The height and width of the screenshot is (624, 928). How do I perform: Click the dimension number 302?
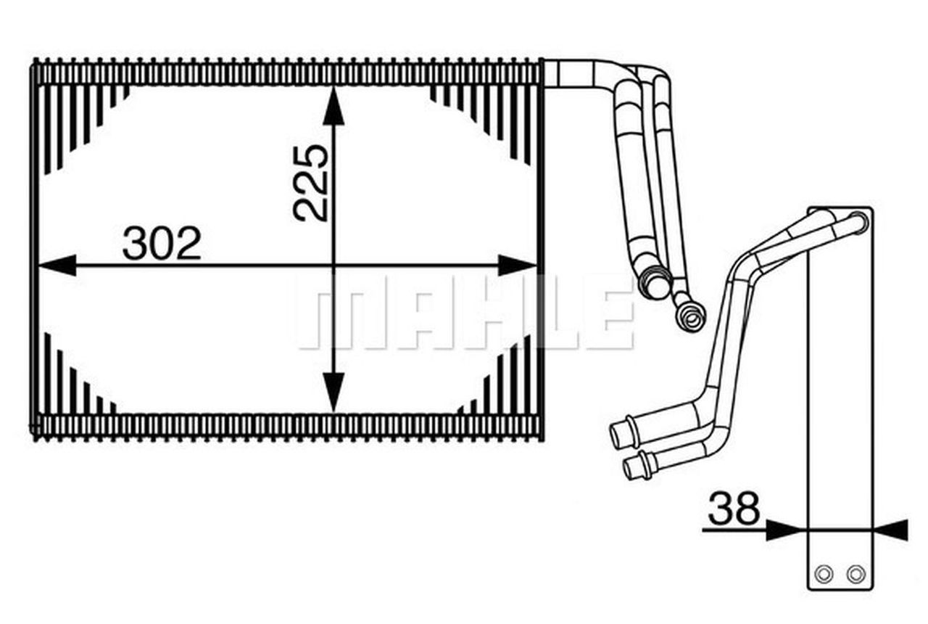click(161, 244)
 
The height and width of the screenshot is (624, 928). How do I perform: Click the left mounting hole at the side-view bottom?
click(823, 574)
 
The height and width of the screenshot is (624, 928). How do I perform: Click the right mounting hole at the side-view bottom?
click(856, 574)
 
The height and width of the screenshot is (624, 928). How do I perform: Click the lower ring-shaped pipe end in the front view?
click(689, 316)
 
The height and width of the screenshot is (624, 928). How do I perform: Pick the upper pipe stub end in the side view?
click(620, 435)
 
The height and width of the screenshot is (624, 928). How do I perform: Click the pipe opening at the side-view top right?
click(860, 221)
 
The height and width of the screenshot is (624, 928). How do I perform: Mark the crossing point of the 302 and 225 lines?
click(333, 266)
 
